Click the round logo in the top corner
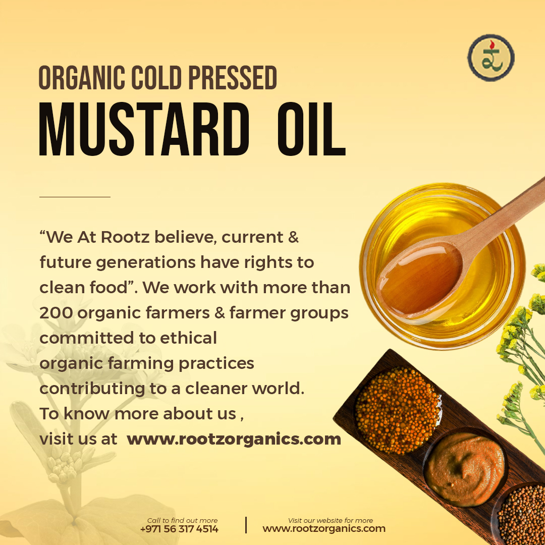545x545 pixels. [x=490, y=58]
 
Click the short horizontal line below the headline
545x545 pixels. [x=75, y=197]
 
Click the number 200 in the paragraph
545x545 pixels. [x=56, y=313]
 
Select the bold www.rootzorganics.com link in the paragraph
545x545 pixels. [x=234, y=439]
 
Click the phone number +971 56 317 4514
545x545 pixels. [x=179, y=529]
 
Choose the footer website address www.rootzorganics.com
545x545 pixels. [x=323, y=529]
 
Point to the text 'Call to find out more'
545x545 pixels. [x=182, y=520]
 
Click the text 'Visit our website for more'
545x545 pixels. [x=330, y=520]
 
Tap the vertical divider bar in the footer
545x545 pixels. [x=246, y=525]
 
